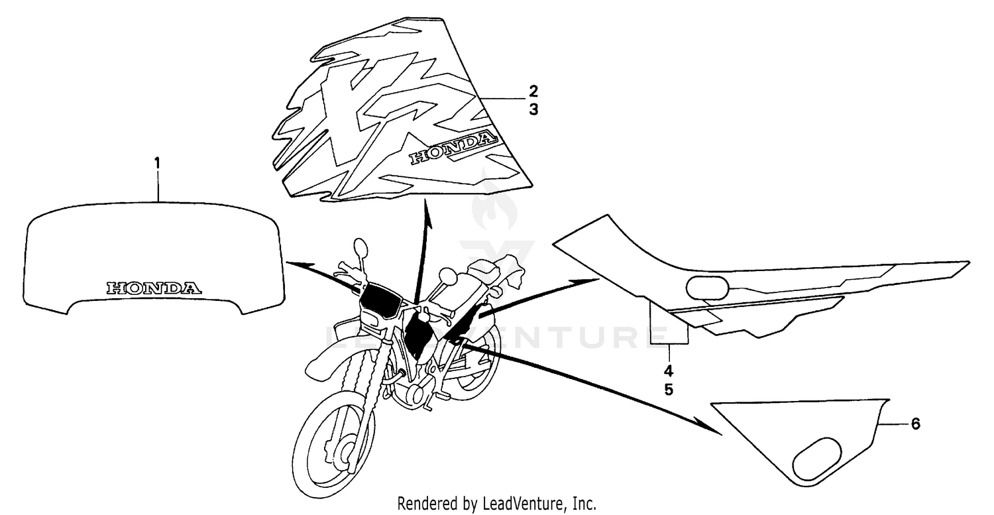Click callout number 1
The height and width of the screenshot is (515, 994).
[x=157, y=163]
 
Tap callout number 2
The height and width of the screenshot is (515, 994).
[x=533, y=91]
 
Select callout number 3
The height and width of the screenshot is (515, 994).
[x=533, y=109]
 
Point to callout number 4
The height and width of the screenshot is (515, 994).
[x=669, y=371]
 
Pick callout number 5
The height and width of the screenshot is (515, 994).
[x=669, y=390]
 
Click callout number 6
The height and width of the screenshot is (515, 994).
[x=915, y=424]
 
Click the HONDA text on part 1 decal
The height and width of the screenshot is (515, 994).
[x=154, y=288]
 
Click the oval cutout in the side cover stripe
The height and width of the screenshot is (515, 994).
[x=707, y=288]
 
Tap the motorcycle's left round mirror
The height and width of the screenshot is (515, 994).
[x=360, y=248]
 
